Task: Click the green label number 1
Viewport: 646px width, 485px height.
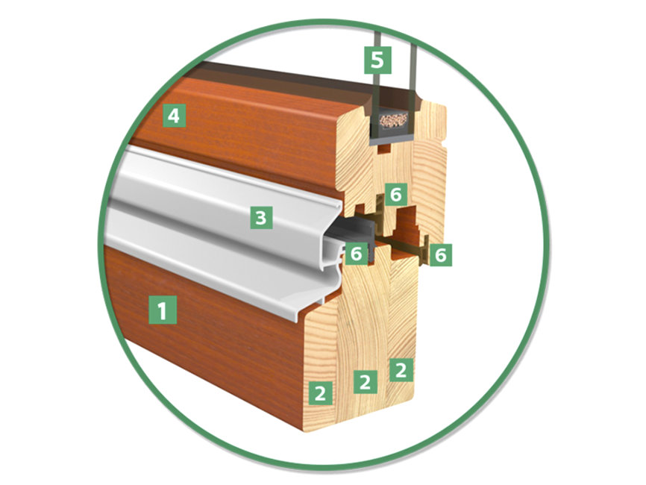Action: click(x=163, y=310)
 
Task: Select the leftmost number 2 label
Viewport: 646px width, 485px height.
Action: click(x=320, y=392)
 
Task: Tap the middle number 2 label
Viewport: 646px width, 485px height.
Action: click(x=365, y=381)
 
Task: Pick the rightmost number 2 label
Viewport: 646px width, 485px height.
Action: click(x=401, y=369)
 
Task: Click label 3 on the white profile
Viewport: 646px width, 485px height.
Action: click(x=261, y=217)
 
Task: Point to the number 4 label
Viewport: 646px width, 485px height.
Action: click(x=174, y=116)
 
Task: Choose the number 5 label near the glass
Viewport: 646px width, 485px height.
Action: click(x=377, y=60)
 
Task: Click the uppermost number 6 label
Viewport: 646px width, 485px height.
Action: click(x=395, y=194)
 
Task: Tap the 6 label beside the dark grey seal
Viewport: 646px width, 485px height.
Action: click(x=356, y=254)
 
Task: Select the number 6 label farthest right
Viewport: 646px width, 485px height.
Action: click(x=440, y=254)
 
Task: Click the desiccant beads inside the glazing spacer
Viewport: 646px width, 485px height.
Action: click(x=393, y=120)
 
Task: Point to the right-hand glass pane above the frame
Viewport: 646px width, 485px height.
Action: click(x=413, y=70)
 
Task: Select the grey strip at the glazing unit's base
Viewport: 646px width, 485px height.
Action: click(x=392, y=141)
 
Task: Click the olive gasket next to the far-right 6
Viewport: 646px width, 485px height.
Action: click(x=424, y=248)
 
